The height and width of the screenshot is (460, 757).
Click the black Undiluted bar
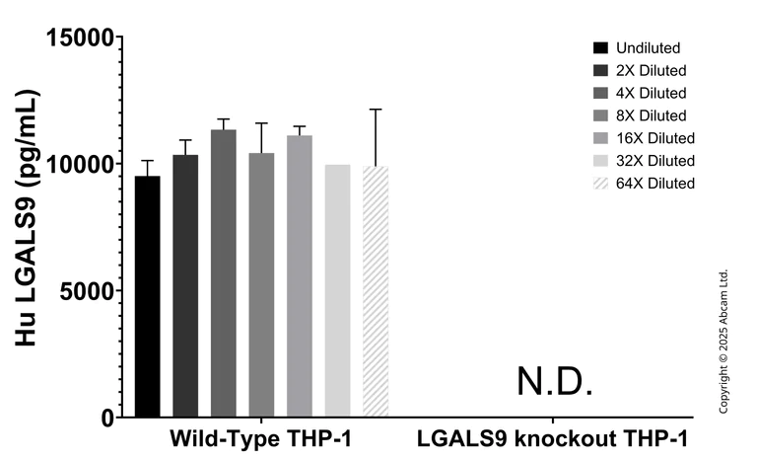click(x=147, y=296)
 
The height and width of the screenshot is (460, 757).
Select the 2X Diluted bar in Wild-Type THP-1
click(x=185, y=286)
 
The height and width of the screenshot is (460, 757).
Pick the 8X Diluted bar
click(x=261, y=285)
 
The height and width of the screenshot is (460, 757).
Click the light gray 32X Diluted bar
click(x=337, y=291)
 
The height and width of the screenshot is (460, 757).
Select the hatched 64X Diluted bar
click(x=376, y=292)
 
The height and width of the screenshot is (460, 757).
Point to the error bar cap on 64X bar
click(x=376, y=110)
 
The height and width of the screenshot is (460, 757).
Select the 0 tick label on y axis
click(x=105, y=418)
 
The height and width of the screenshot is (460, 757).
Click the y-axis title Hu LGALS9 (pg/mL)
click(x=29, y=227)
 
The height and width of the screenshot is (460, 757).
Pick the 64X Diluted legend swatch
click(x=600, y=184)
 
